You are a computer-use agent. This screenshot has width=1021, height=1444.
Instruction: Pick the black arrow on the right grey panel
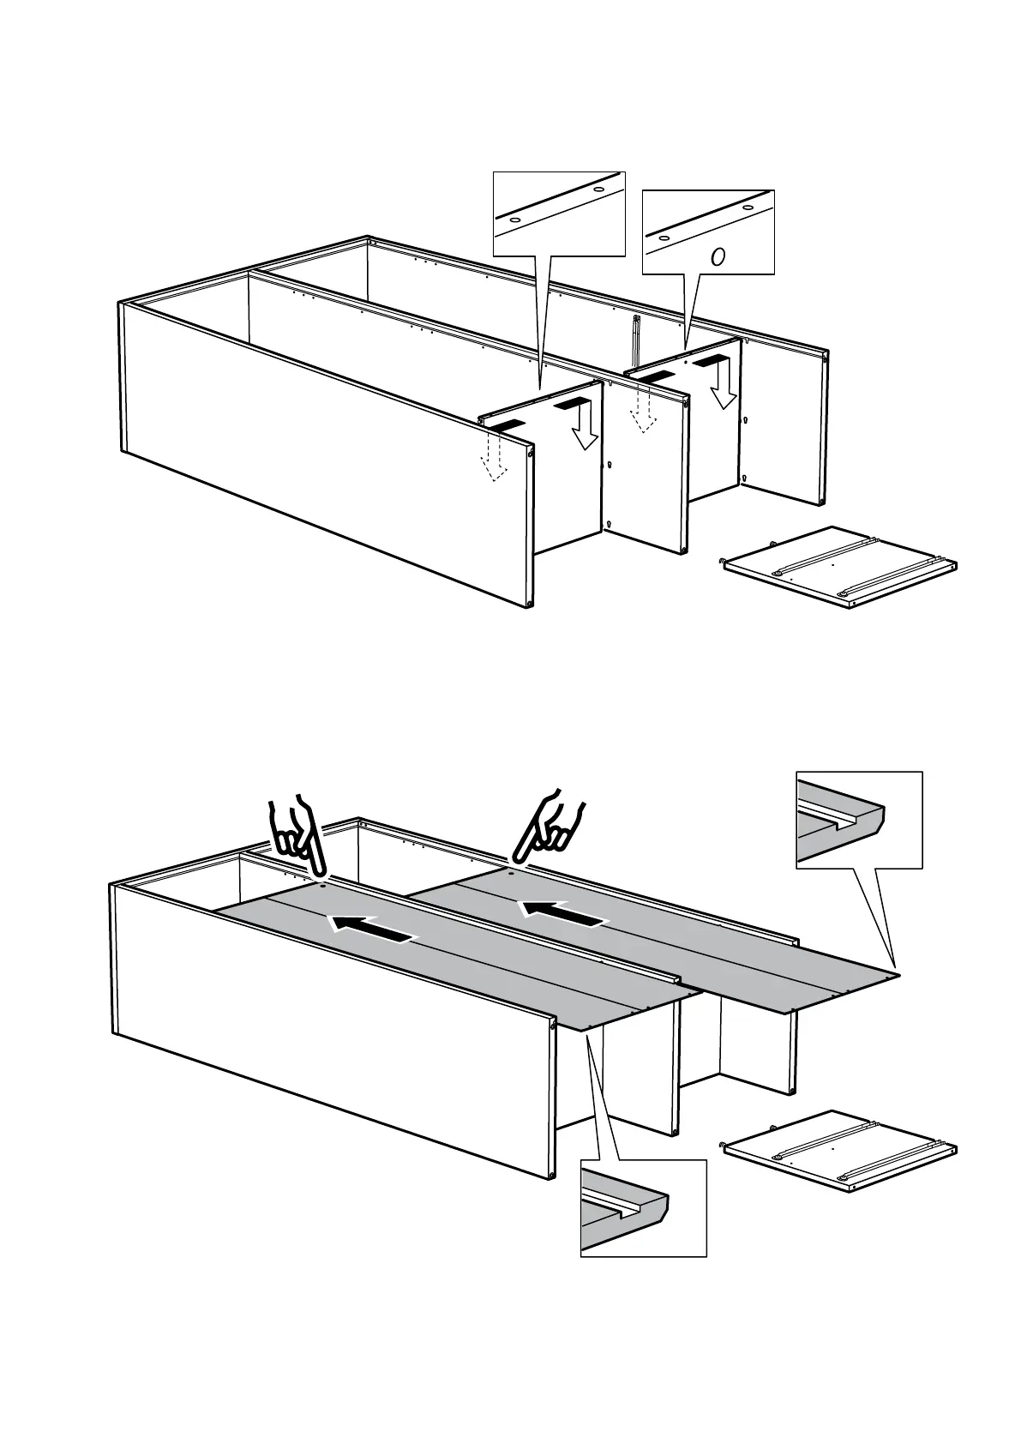click(x=562, y=912)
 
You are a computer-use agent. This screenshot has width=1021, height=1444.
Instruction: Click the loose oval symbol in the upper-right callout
click(x=718, y=256)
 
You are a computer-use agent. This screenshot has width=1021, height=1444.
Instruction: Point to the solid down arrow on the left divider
click(x=584, y=430)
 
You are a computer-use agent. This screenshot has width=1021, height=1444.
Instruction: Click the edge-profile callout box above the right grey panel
click(x=859, y=820)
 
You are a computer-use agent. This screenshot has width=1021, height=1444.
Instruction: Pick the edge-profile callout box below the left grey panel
click(x=643, y=1208)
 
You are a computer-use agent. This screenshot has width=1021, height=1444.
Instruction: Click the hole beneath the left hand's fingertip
click(x=322, y=887)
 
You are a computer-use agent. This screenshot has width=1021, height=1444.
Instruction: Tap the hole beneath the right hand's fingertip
click(x=510, y=873)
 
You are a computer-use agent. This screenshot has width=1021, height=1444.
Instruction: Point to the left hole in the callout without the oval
click(x=514, y=220)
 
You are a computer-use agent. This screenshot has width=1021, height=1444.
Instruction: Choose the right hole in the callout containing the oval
click(x=748, y=207)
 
